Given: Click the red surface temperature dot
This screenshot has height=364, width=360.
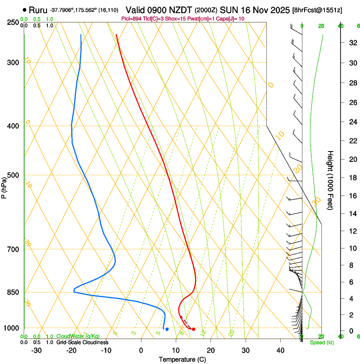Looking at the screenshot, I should coord(194,329).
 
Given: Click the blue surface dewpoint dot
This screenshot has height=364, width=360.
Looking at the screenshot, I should coord(167,329).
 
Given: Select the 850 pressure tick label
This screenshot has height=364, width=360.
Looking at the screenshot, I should coord(14,292).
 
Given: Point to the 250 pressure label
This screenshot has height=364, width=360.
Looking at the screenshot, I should coord(14,22).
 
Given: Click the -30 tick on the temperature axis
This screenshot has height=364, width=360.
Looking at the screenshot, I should coord(36,350).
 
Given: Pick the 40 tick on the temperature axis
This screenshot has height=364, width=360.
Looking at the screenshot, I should coord(280,350).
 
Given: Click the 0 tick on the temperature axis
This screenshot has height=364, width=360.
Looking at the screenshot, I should coord(141,350).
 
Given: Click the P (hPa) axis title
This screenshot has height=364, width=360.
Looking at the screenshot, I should coord(4,186).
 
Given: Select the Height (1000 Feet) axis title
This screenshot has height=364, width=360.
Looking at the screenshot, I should coord(330,180).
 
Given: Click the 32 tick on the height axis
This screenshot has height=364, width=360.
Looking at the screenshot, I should coord(352,43).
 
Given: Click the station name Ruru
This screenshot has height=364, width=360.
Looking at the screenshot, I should coord(38,9).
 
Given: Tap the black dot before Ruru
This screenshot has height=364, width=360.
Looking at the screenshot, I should coord(25,10).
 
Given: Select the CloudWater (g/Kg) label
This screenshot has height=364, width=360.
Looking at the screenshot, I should coord(78,336).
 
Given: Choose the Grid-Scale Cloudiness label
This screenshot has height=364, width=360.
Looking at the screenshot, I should coord(82,342).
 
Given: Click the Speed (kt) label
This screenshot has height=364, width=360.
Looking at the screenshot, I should coord(321,342).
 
